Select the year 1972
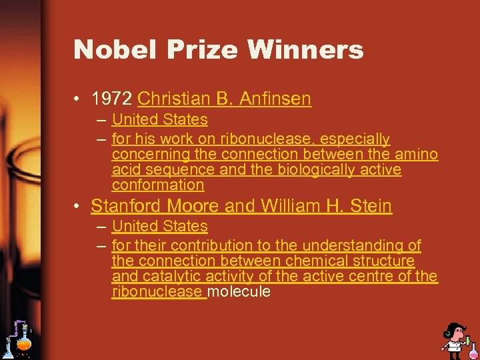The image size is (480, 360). click(x=112, y=99)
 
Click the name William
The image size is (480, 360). click(x=281, y=206)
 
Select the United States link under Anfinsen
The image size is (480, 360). click(x=160, y=120)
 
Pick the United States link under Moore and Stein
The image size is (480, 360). click(x=160, y=227)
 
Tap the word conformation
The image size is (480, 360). click(x=158, y=185)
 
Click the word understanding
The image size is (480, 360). click(x=352, y=246)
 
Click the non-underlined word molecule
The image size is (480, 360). click(x=239, y=291)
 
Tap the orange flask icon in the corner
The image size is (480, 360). click(x=24, y=343)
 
